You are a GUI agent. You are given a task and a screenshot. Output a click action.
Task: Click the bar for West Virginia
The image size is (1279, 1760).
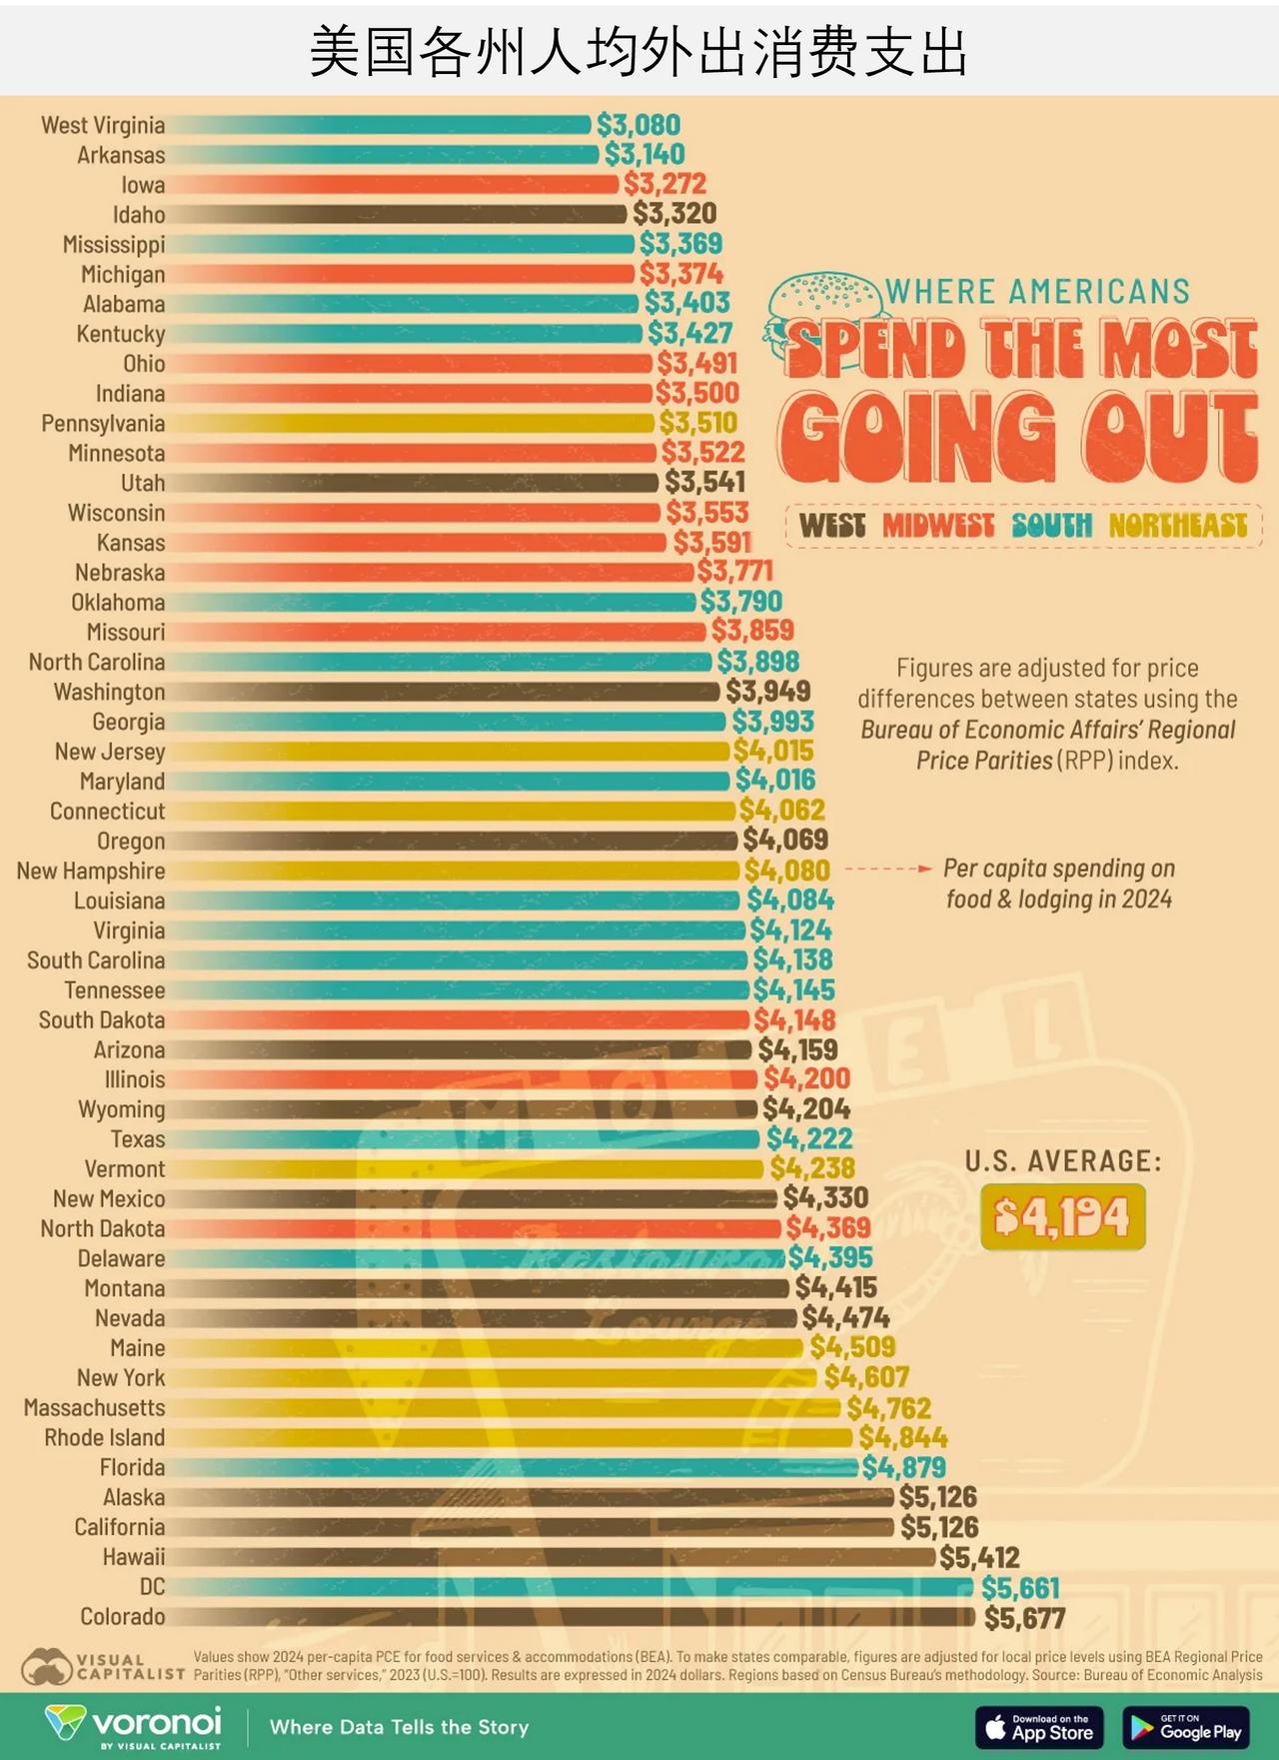click(380, 125)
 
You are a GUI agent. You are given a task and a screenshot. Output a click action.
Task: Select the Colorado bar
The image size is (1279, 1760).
click(570, 1617)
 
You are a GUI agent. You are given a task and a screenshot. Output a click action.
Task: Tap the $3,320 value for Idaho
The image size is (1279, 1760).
click(674, 214)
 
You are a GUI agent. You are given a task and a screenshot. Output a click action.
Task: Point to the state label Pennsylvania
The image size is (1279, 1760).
click(103, 424)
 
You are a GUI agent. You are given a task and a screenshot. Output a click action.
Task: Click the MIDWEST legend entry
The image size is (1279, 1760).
click(937, 526)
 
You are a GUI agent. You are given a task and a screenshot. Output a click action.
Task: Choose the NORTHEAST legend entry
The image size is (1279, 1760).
click(1178, 526)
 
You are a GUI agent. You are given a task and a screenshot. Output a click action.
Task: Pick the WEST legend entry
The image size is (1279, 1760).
click(832, 526)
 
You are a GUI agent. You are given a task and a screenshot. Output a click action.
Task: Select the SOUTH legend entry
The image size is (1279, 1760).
click(1051, 526)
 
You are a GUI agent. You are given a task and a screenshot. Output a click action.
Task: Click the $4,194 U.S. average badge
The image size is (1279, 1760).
click(1062, 1217)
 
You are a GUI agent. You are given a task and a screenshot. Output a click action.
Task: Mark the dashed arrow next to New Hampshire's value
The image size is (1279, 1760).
click(887, 870)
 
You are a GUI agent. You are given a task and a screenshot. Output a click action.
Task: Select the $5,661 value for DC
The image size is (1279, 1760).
click(1020, 1587)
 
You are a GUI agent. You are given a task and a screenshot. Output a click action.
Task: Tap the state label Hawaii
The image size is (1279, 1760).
click(134, 1557)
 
